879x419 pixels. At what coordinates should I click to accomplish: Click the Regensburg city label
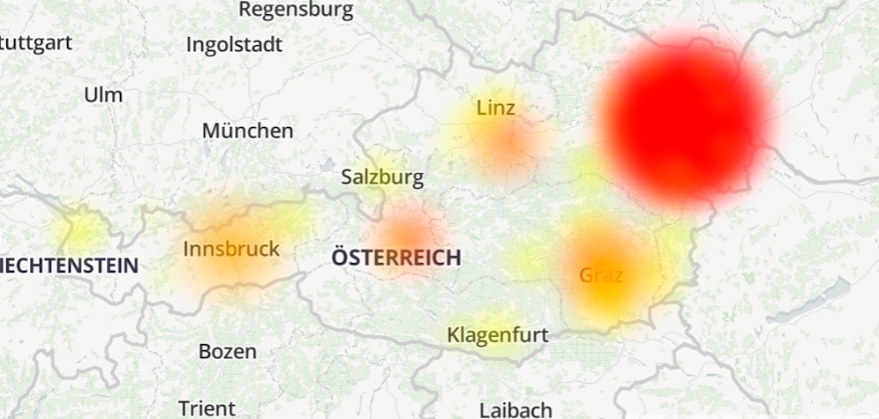[x=296, y=11]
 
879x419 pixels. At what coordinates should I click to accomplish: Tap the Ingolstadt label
[x=234, y=44]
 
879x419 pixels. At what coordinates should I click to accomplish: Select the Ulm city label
[x=103, y=94]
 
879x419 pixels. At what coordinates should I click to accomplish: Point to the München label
[x=247, y=131]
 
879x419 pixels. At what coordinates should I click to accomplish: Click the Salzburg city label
[x=382, y=177]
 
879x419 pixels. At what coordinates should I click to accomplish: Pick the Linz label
[x=495, y=108]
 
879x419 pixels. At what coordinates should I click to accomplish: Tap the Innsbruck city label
[x=231, y=249]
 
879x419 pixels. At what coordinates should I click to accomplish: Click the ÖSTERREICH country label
[x=396, y=258]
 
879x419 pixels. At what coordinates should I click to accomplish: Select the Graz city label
[x=601, y=275]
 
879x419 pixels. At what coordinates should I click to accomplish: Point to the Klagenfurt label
[x=498, y=335]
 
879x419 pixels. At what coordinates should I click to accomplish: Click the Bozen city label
[x=228, y=351]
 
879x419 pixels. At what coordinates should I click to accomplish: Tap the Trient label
[x=207, y=408]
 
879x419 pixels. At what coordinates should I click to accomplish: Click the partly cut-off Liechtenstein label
[x=70, y=265]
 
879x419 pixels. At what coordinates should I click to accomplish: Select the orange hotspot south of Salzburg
[x=409, y=236]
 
